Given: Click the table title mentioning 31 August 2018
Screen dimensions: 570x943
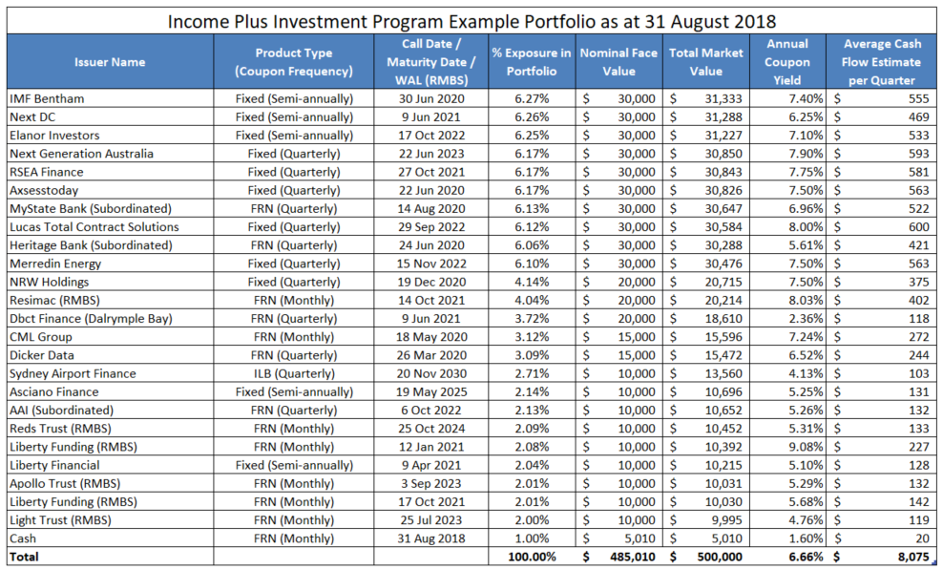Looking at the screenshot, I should click(471, 20).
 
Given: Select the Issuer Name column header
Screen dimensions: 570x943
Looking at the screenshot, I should click(110, 62).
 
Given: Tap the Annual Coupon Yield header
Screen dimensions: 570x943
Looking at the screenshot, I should click(787, 62).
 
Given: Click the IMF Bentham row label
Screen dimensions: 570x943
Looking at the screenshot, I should click(47, 98).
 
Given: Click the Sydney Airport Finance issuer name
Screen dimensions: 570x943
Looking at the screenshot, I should click(73, 373).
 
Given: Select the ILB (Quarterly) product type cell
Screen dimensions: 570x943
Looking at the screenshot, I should click(294, 373).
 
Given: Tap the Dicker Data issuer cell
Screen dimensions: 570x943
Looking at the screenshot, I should click(41, 355).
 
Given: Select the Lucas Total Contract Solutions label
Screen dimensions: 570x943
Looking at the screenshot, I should click(94, 227).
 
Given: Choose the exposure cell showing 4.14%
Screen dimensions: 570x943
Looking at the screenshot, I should click(533, 283).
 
